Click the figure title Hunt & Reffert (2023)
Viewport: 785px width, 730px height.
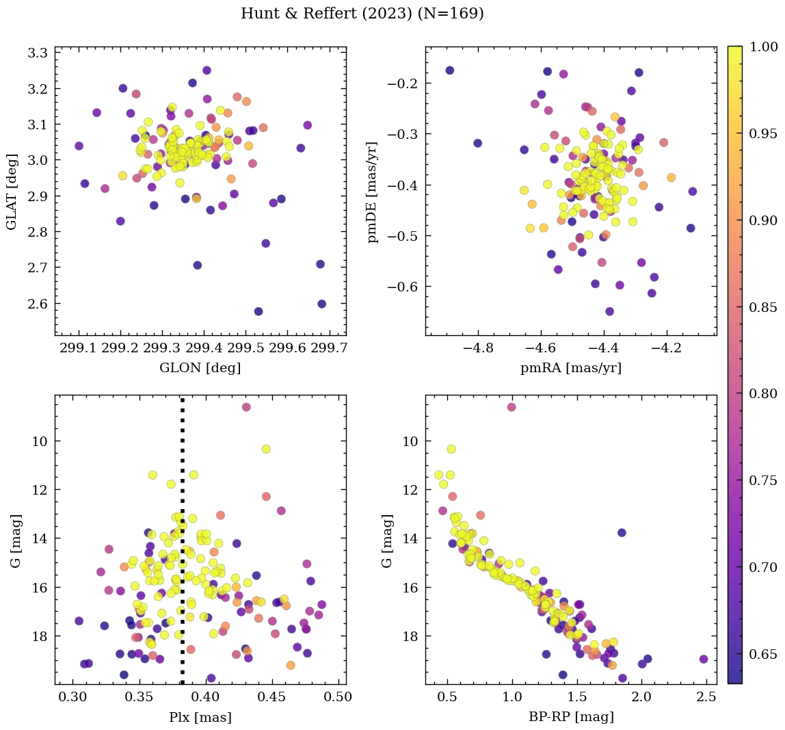coord(362,14)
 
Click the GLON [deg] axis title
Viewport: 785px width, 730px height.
coord(200,367)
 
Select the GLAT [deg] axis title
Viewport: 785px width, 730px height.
coord(12,192)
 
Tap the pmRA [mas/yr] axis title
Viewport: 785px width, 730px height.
coord(571,367)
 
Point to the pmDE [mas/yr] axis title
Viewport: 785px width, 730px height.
coord(373,192)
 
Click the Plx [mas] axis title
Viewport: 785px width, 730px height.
coord(200,717)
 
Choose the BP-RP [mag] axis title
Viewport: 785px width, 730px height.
coord(571,717)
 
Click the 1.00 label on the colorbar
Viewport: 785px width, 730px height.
coord(763,47)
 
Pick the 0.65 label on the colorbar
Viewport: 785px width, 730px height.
coord(763,654)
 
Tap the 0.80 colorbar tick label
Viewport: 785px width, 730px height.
coord(763,393)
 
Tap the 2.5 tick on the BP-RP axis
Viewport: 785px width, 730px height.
coord(706,698)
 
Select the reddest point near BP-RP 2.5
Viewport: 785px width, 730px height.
coord(704,659)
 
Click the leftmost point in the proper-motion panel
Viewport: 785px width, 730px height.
coord(449,70)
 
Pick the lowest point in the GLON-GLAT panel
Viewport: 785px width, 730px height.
coord(258,311)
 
